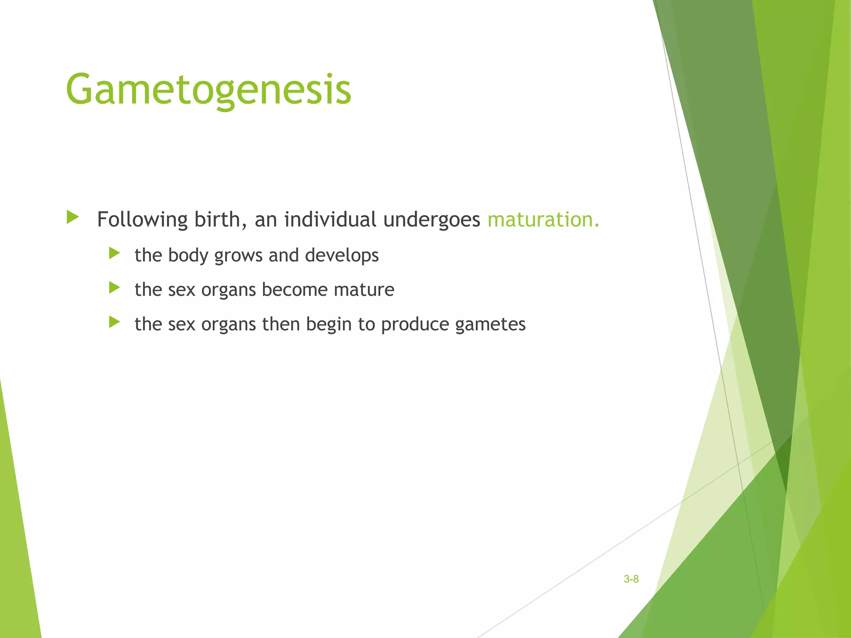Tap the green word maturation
543,219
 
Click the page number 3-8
631,579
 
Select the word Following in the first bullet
142,219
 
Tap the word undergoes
431,219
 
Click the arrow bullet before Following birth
73,217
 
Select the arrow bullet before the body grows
114,253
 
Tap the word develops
342,255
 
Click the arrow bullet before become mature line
114,287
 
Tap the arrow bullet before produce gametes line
114,322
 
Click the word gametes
490,324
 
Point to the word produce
415,324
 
